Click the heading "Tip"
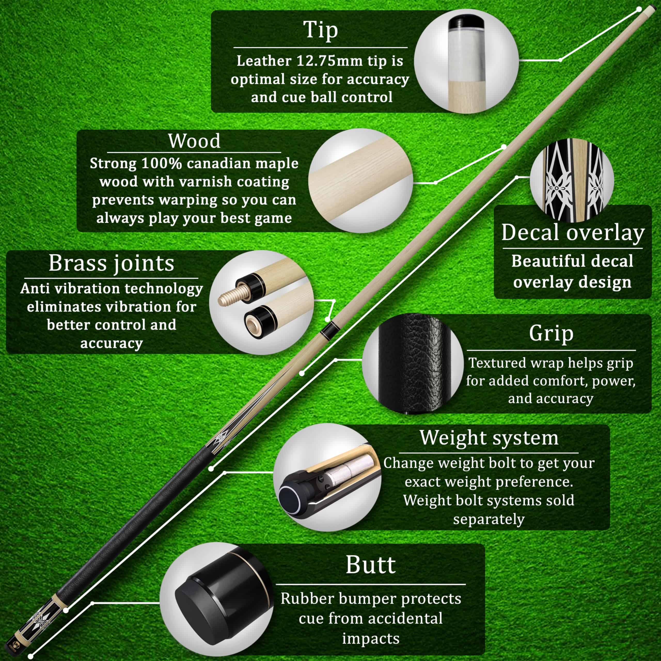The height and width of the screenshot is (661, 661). tap(321, 30)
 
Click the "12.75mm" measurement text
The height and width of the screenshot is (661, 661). tap(329, 61)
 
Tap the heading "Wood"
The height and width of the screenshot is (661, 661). tap(194, 141)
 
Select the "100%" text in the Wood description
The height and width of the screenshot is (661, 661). tap(161, 163)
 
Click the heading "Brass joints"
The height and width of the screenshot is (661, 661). tap(112, 263)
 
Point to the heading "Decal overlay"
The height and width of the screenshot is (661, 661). tap(573, 233)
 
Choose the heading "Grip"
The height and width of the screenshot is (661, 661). tap(551, 333)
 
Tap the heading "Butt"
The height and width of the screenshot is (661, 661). tap(371, 565)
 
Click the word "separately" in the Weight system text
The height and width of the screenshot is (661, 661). tap(489, 519)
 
